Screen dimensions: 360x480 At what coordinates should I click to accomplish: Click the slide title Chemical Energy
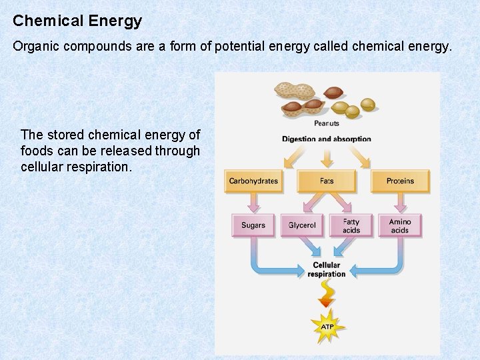coord(77,21)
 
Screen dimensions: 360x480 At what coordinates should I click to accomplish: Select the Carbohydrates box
coord(253,181)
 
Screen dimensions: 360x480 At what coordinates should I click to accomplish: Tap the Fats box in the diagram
coord(327,181)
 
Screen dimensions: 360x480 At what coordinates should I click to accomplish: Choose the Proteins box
coord(400,181)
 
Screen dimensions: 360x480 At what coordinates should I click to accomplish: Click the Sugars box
coord(253,225)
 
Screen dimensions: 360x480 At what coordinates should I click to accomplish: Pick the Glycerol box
coord(302,225)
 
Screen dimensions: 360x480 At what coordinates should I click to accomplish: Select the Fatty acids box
coord(351,225)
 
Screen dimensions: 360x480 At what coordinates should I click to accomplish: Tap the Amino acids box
coord(400,225)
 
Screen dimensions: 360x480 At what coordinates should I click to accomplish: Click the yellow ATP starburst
coord(327,327)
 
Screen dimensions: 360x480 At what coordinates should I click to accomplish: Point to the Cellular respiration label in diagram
coord(327,269)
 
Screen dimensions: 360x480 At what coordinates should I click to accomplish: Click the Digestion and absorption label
coord(327,139)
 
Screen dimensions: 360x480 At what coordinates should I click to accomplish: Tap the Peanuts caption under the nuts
coord(327,123)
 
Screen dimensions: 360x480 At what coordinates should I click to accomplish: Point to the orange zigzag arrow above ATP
coord(327,294)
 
